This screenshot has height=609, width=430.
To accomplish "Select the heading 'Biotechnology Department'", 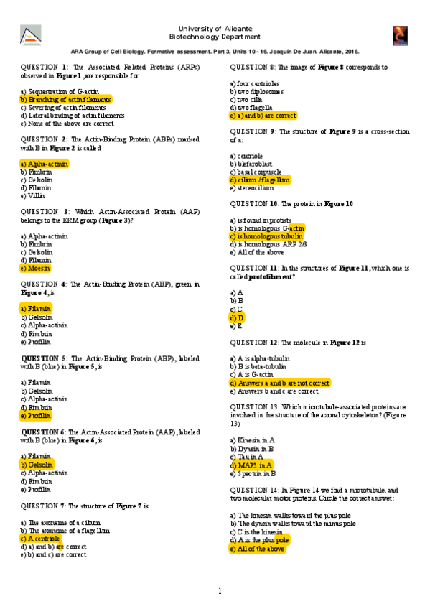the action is click(215, 35).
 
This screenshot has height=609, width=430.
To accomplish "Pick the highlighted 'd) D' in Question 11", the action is click(237, 317).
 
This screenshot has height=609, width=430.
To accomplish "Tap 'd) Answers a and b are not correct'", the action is click(280, 383).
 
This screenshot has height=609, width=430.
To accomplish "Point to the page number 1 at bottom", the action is click(220, 591).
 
